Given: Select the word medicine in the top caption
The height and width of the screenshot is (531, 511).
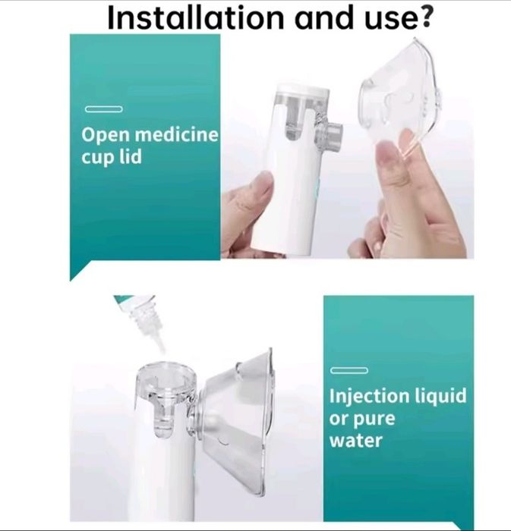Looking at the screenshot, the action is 177,134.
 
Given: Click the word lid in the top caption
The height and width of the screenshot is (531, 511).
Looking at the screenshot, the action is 130,156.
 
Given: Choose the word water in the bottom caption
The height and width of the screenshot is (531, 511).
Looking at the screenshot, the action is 356,441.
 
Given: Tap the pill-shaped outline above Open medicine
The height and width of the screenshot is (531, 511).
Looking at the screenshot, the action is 104,109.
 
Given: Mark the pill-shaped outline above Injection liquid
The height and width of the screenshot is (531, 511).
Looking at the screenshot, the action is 349,370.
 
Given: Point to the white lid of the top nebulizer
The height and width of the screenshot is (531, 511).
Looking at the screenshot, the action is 303,91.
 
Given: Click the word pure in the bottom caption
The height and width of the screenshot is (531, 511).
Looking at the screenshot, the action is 374,420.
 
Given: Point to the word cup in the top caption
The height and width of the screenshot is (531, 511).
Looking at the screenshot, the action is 98,158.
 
